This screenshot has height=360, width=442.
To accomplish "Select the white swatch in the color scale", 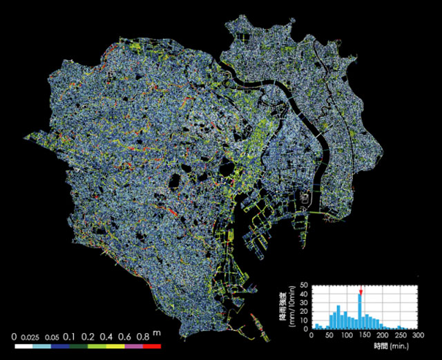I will click(x=23, y=346).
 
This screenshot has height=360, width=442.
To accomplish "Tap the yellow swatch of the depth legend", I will click(x=115, y=346).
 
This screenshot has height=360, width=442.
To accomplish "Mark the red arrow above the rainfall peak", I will click(x=361, y=292).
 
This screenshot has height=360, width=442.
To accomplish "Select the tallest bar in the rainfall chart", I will click(x=360, y=312).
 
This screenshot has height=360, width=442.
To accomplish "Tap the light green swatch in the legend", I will click(x=97, y=346).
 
